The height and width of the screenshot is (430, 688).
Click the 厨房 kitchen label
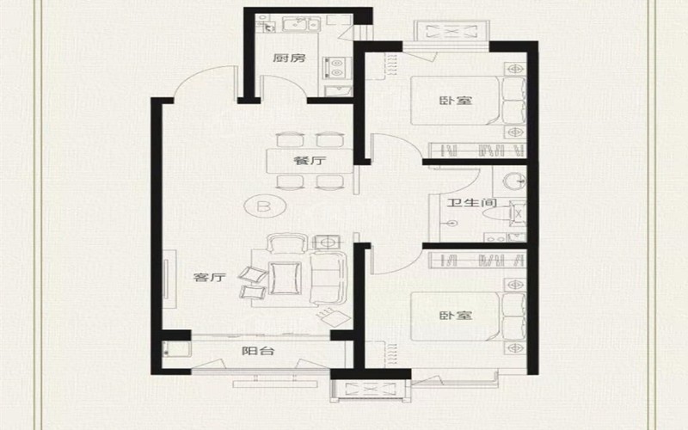(x=289, y=58)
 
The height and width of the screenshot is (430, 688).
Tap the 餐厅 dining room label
(x=310, y=161)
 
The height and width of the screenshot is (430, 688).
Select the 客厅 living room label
(x=210, y=277)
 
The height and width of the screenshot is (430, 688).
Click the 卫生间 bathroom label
(x=471, y=203)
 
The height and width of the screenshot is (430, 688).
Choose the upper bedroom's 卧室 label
(x=456, y=101)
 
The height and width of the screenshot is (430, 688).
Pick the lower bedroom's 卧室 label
(x=456, y=316)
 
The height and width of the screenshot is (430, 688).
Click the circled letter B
(x=264, y=206)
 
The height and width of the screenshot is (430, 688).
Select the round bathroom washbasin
(x=514, y=181)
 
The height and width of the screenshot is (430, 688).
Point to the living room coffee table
(x=286, y=278)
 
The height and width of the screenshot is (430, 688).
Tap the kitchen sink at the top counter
(x=301, y=24)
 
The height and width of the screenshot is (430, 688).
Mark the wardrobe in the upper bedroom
(x=477, y=150)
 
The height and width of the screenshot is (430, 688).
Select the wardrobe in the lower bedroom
(x=477, y=261)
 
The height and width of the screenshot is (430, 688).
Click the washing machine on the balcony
(x=175, y=349)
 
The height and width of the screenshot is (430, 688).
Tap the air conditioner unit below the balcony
(x=370, y=390)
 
